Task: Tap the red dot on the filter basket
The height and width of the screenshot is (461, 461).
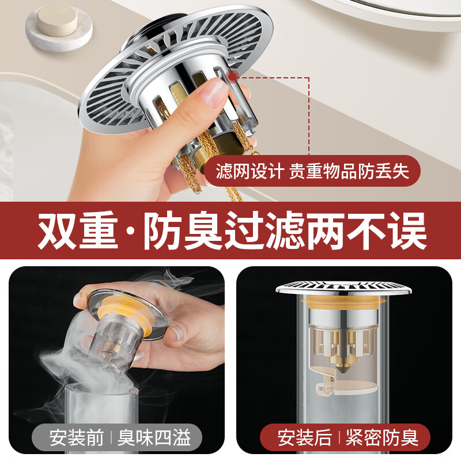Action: (x=232, y=75)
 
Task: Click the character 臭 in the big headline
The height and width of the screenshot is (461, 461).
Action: (x=210, y=231)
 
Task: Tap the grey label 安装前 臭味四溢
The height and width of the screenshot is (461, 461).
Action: (x=119, y=437)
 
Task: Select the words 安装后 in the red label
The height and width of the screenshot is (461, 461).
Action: (x=304, y=437)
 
